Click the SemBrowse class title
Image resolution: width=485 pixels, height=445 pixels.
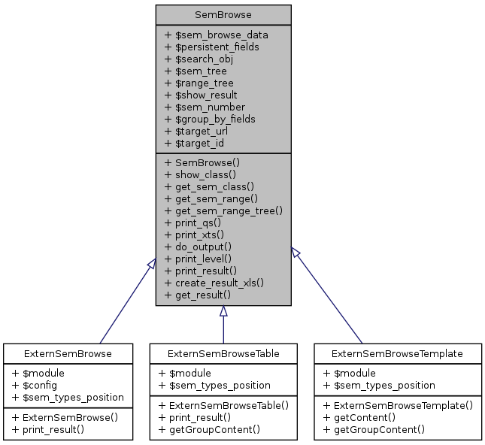coord(223,14)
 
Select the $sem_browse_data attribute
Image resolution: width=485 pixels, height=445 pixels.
coord(216,35)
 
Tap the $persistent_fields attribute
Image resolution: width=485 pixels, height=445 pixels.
coord(212,47)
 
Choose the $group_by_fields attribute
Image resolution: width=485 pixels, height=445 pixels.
coord(210,119)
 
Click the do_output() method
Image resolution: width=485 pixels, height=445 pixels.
coord(197,247)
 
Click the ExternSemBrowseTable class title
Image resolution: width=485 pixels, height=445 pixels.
coord(223,353)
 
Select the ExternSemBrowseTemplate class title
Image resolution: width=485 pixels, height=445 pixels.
coord(398,353)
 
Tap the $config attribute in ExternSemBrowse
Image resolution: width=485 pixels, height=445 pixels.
coord(44,385)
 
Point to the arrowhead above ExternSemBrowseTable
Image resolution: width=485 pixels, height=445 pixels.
coord(223,312)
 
